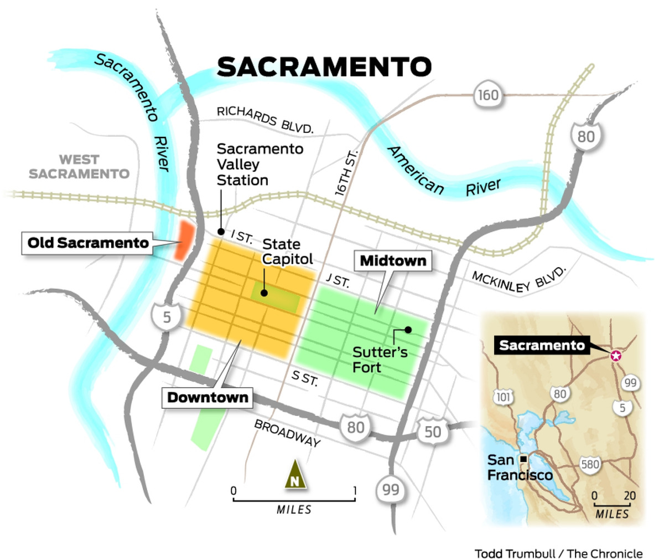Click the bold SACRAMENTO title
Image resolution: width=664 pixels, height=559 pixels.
(324, 66)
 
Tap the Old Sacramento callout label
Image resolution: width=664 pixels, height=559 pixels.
(89, 243)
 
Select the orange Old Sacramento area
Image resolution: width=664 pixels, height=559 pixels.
(183, 240)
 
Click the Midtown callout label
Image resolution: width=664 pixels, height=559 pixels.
(393, 260)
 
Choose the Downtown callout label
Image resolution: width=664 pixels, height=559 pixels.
(207, 397)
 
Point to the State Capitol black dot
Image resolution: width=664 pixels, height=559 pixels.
(265, 294)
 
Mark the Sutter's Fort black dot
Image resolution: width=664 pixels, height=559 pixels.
(408, 330)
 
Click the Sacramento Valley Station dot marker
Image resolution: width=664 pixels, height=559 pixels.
(221, 232)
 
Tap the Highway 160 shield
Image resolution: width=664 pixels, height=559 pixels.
(487, 95)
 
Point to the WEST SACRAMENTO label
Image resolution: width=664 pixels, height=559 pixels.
(79, 167)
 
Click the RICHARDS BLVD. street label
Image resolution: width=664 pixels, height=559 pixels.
(265, 119)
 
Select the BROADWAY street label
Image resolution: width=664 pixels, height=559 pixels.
(287, 433)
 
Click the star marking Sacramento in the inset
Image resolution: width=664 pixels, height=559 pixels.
(615, 356)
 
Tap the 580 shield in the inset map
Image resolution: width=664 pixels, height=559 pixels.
(590, 463)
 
